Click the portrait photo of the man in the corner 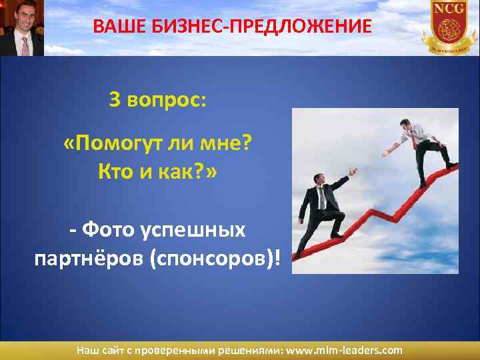pos(21,28)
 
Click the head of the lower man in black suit pos(319,181)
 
